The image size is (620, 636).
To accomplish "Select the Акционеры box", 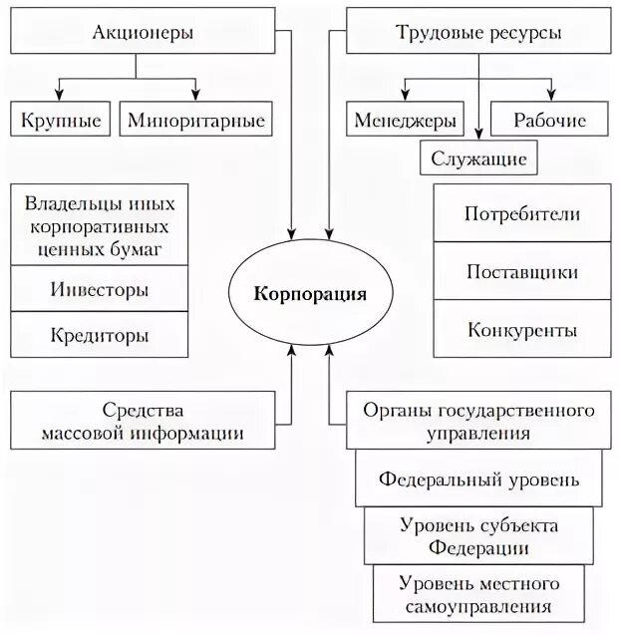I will tap(143, 33).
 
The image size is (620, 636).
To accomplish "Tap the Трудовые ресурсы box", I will tap(478, 33).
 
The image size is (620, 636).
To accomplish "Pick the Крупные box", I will tap(61, 121).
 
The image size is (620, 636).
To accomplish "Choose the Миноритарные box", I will tap(196, 121).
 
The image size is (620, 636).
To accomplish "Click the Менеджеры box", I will tap(405, 121).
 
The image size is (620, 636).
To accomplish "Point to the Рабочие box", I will tap(549, 121).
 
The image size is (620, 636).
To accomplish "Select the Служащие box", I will tap(478, 158).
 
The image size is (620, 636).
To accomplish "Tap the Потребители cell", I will tap(521, 214).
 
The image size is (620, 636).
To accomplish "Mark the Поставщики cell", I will tap(521, 271).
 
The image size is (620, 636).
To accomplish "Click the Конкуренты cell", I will tap(521, 329).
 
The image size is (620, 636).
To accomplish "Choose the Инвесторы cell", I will tap(99, 290).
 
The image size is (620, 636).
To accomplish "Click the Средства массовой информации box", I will tap(143, 422).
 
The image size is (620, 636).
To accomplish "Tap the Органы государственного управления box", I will tap(477, 422).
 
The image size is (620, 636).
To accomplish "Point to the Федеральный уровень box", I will tap(478, 478).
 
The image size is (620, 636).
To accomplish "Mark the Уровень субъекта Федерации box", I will tap(478, 535).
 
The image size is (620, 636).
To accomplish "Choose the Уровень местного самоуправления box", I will tap(478, 593).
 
